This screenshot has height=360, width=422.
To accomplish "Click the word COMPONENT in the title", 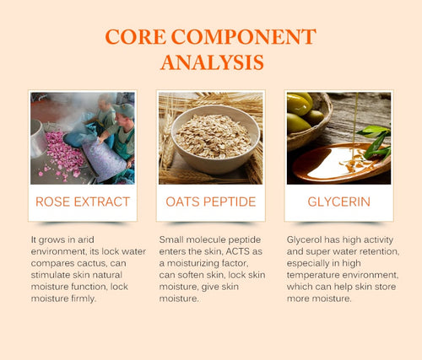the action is point(244,36).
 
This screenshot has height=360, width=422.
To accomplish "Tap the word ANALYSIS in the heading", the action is point(212,62).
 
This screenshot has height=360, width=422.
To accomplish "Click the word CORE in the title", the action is point(135,36).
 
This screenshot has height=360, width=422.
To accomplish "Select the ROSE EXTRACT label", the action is point(83,201).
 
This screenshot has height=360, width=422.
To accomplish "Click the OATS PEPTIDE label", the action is point(211,201).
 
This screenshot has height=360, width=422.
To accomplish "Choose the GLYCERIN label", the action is point(338,201).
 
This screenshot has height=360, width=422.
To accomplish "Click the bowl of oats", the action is point(215,140).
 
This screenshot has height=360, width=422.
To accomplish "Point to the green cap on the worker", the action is point(124,110).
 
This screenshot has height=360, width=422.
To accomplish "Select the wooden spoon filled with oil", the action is point(341,163).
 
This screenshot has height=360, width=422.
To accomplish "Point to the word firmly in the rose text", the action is point(84,298).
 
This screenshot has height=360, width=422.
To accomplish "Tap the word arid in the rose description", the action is point(86,239).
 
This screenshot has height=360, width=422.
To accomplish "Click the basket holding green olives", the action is point(310,121).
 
